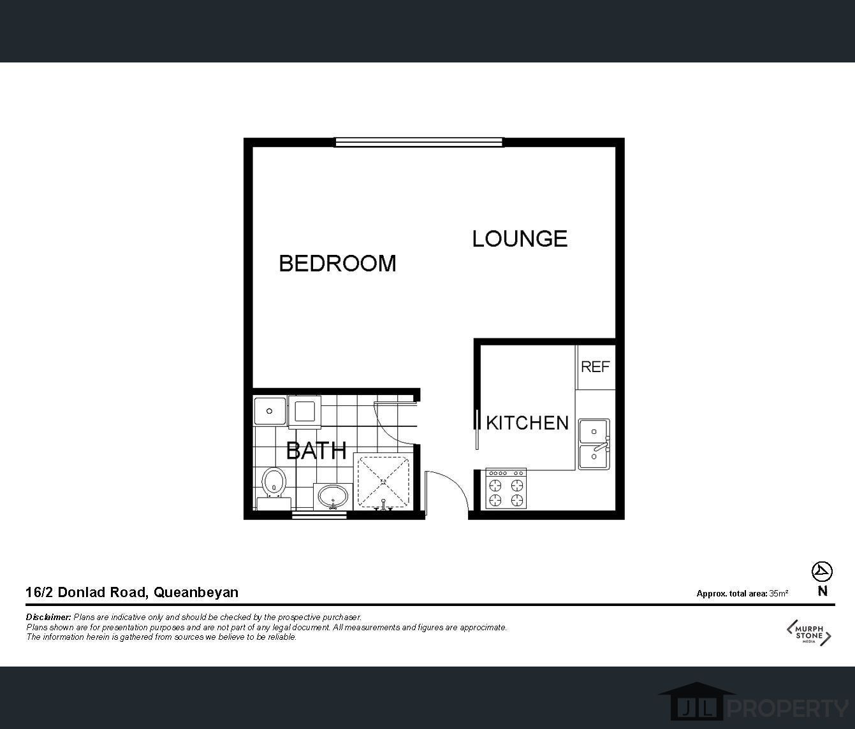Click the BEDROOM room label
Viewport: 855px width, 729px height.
point(337,263)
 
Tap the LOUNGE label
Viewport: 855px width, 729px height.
point(520,238)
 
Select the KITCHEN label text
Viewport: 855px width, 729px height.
point(527,423)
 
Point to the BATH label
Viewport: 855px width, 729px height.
point(316,451)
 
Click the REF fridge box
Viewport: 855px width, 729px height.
point(596,367)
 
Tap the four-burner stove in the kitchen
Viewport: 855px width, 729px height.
point(506,489)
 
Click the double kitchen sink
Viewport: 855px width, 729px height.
point(594,445)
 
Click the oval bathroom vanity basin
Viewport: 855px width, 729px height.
point(333,496)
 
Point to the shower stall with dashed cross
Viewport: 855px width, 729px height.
point(383,481)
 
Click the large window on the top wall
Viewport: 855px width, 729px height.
point(419,142)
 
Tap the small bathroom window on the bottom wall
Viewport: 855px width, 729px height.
point(319,515)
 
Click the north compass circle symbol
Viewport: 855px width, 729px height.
point(822,572)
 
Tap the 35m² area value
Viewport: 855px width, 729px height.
point(778,593)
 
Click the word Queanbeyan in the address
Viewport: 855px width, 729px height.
point(196,593)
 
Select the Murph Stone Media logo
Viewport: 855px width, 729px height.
point(808,632)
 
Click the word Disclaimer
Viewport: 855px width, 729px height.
point(48,617)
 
